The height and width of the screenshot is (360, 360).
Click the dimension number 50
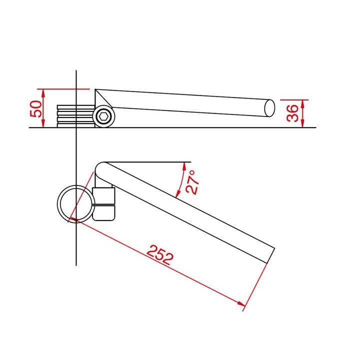point(36,109)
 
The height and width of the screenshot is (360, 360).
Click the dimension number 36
point(292,113)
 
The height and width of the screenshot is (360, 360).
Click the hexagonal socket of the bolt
point(103,116)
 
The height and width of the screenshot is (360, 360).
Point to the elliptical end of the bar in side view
point(269,108)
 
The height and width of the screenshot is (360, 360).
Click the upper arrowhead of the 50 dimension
point(43,92)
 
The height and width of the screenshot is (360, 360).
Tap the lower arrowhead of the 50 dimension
point(43,123)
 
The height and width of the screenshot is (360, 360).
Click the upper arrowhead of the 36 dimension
point(303,103)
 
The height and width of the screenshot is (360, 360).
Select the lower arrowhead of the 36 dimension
point(303,123)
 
